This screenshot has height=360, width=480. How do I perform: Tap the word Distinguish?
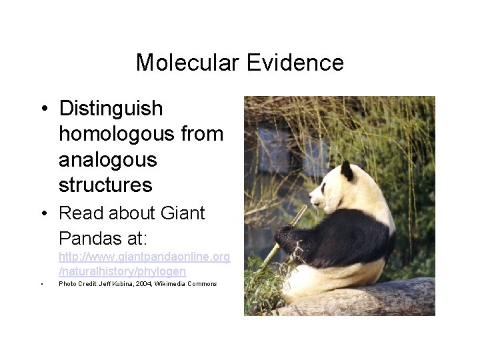click(x=111, y=109)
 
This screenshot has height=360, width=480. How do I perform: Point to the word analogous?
click(x=107, y=160)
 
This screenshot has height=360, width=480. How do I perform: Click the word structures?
click(x=105, y=185)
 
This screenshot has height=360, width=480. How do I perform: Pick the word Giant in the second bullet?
click(x=183, y=214)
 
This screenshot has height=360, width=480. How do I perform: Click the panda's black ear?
click(x=347, y=171)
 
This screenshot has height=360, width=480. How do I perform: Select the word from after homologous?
click(x=207, y=134)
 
